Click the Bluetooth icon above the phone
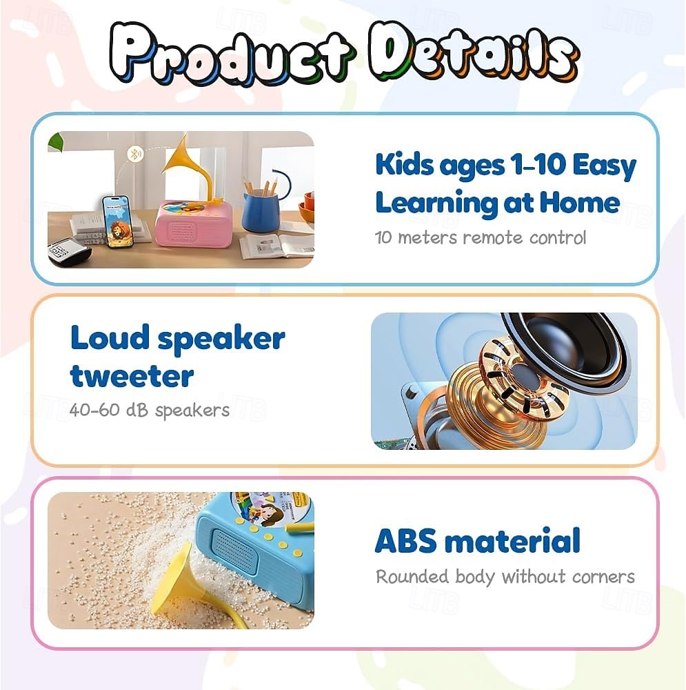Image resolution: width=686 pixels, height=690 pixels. tap(136, 153)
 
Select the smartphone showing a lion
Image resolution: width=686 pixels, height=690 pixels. tap(117, 221)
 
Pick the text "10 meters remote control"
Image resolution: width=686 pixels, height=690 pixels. tap(481, 237)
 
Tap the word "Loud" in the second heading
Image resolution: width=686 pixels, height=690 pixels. tap(109, 338)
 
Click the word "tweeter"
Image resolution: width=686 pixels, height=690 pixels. tap(132, 376)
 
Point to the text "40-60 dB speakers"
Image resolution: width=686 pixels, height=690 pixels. tap(149, 410)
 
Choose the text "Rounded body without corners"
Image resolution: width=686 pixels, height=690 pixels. tap(505, 576)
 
